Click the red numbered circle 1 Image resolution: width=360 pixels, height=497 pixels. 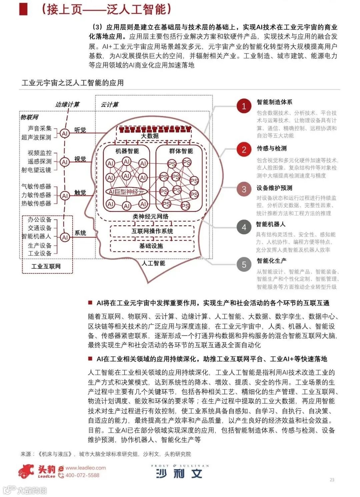click(244, 106)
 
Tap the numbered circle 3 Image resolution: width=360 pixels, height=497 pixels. click(244, 189)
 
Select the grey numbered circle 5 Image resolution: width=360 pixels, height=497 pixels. click(244, 265)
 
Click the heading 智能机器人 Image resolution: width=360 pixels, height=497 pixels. click(270, 224)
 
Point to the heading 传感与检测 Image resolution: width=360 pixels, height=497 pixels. click(271, 148)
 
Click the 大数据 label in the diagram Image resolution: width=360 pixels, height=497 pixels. click(150, 136)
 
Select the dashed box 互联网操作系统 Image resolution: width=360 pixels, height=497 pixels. click(152, 231)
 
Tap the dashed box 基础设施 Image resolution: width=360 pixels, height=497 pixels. click(152, 246)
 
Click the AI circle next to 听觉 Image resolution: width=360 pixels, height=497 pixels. click(65, 133)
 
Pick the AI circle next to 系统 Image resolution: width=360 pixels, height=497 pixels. click(65, 237)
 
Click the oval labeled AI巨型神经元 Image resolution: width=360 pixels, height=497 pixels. click(126, 192)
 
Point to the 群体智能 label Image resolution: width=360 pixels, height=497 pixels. click(181, 151)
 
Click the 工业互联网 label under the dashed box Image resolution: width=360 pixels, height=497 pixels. click(46, 266)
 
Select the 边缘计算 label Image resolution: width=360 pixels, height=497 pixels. click(67, 104)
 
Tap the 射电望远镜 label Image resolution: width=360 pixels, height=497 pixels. click(36, 170)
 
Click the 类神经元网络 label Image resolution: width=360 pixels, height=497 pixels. click(150, 216)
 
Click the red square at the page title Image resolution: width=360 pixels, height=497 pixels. click(23, 9)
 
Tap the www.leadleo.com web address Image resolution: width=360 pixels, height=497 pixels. click(85, 468)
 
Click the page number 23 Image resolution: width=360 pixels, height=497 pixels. click(332, 480)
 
